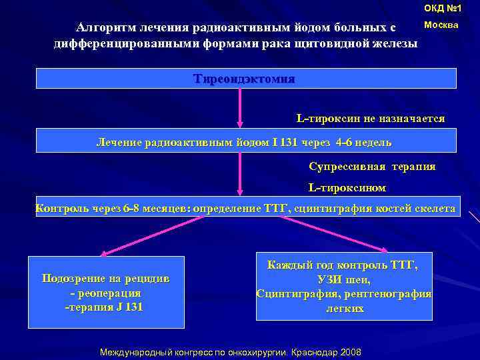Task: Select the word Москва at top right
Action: pyautogui.click(x=441, y=25)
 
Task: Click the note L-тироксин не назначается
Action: pyautogui.click(x=370, y=118)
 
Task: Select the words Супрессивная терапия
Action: pyautogui.click(x=372, y=166)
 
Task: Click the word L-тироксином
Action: pyautogui.click(x=347, y=188)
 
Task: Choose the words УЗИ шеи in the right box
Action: pyautogui.click(x=344, y=280)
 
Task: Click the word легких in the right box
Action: pyautogui.click(x=345, y=309)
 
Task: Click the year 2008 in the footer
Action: pyautogui.click(x=350, y=351)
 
